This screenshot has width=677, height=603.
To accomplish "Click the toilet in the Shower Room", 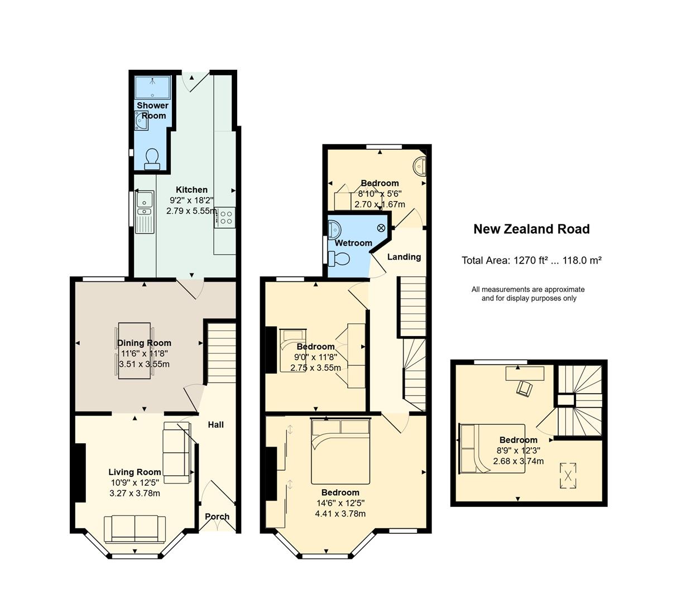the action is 152,159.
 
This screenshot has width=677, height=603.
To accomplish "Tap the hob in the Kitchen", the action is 224,218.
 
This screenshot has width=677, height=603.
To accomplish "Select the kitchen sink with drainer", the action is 145,212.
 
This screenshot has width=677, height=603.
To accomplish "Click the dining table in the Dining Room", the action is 134,350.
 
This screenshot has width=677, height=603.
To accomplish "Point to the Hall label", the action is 215,424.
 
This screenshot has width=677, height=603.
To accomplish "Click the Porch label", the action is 217,516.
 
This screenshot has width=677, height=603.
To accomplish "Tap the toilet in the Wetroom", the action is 338,259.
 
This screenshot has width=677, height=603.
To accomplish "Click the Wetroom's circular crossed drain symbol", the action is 381,228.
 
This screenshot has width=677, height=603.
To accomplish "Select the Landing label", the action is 404,257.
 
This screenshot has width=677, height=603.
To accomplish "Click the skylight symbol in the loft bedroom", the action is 568,475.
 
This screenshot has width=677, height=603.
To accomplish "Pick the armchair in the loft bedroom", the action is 525,389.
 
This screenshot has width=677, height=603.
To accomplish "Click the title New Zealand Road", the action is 531,229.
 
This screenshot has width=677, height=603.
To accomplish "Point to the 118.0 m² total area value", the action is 582,260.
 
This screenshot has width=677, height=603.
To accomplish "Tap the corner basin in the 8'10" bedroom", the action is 420,165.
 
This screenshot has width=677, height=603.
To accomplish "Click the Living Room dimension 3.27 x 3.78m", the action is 135,493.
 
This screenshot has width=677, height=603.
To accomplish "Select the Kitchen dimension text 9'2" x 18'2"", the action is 191,200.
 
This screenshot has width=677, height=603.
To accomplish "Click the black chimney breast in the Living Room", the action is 80,473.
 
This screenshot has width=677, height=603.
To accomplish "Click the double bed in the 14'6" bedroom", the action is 340,452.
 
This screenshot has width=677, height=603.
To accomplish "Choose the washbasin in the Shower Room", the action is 141,121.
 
